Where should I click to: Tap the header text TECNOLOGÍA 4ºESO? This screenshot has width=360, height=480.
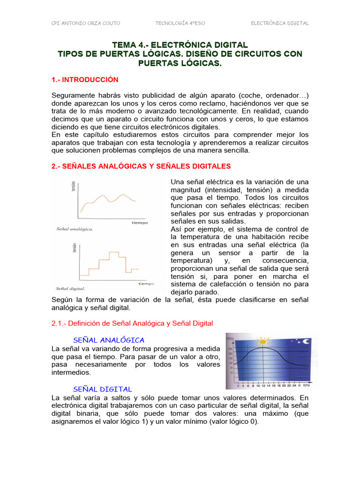point(180,23)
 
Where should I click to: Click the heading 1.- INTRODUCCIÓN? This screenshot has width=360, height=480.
point(85,80)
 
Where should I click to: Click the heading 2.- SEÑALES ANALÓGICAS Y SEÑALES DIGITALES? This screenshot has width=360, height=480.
point(141,166)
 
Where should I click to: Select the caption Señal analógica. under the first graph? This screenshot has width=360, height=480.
point(74,229)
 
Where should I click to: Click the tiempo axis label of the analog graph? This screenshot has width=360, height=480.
point(139,223)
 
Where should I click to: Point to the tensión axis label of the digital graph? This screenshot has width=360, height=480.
point(74,247)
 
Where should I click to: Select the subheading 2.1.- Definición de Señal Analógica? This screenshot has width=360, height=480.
point(132,323)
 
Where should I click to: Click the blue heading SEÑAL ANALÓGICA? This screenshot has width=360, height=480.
point(109,340)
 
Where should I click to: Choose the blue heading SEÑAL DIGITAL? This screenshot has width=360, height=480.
point(103,389)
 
